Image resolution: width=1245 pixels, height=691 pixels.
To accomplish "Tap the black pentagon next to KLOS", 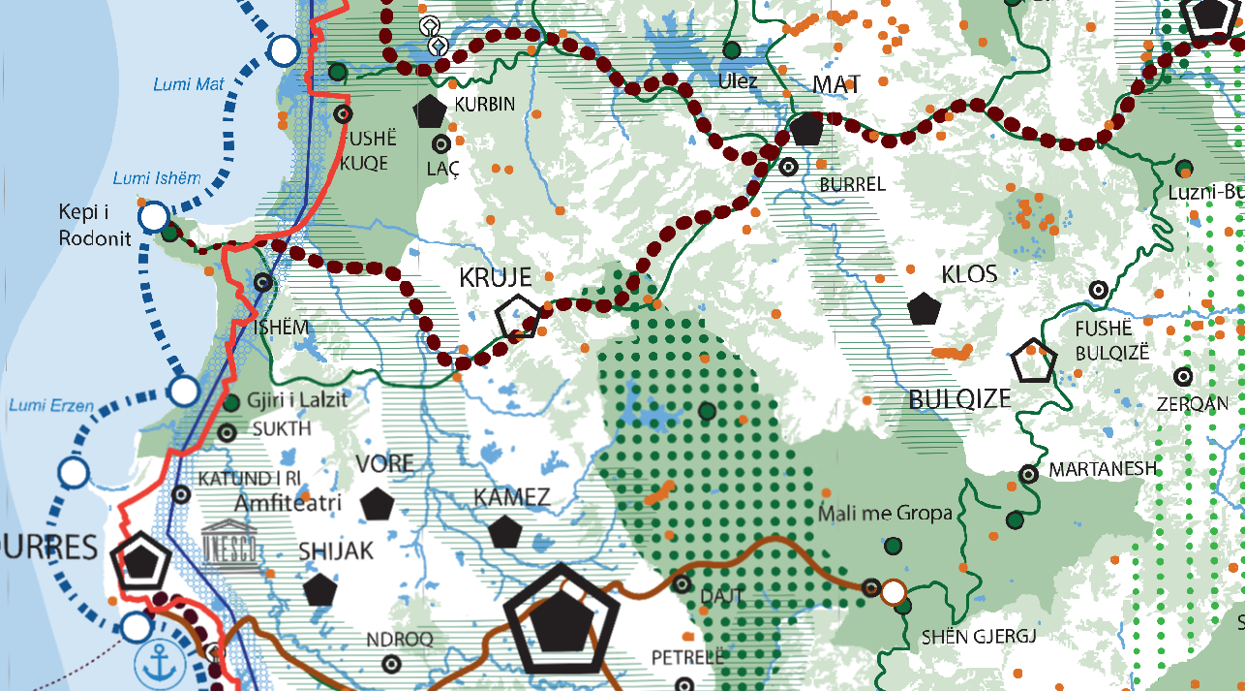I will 925,308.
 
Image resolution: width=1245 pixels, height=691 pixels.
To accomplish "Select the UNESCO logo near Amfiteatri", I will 231,544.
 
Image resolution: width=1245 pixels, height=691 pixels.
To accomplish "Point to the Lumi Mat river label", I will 189,84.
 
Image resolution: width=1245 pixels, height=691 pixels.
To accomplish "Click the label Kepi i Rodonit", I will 94,225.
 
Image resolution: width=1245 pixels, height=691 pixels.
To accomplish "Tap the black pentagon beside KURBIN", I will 430,111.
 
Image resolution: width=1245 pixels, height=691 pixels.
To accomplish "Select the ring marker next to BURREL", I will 788,166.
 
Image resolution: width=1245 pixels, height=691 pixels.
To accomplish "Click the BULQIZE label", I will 959,398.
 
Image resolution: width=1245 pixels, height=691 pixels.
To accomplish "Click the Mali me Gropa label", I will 885,513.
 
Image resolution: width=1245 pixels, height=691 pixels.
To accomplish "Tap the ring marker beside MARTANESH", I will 1029,474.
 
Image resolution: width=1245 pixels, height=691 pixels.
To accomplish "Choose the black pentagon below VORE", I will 377,504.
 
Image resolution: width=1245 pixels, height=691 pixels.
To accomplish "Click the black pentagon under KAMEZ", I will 504,532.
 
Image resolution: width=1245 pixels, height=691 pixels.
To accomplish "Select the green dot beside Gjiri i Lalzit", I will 231,402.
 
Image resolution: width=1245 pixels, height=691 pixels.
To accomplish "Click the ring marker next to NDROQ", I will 391,664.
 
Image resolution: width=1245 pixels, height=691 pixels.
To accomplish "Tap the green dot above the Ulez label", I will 732,49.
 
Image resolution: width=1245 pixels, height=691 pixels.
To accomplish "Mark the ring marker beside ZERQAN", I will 1182,376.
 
